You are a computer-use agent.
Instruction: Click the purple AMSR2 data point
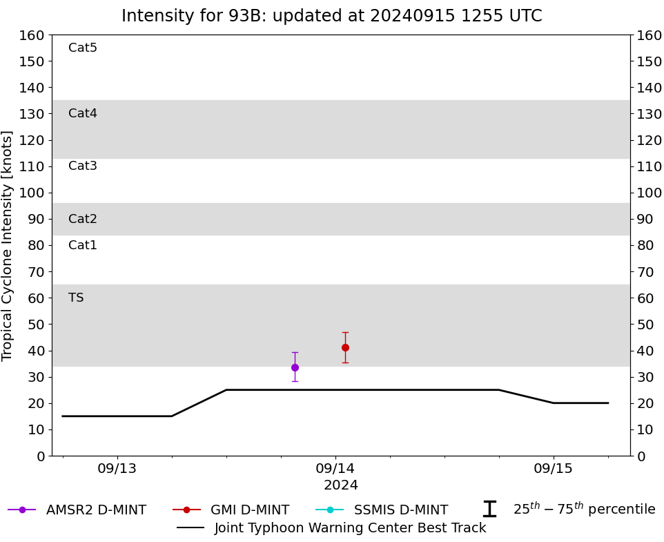tap(295, 367)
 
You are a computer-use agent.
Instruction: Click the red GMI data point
tap(345, 347)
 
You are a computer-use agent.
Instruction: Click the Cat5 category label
tap(83, 48)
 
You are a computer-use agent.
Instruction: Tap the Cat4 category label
tap(83, 114)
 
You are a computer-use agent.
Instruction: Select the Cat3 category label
tap(83, 166)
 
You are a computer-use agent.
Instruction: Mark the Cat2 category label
tap(83, 220)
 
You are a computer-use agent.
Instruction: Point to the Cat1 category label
tap(83, 246)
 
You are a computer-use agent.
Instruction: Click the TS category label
tap(76, 298)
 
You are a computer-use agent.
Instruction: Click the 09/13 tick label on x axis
tap(117, 469)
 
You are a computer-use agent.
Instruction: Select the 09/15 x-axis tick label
tap(554, 469)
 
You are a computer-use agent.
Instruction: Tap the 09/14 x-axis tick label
tap(335, 469)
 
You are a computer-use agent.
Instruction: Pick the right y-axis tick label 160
tap(649, 35)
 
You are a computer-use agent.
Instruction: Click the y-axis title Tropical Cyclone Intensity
tap(8, 245)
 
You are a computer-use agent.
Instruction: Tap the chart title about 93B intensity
tap(332, 16)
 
